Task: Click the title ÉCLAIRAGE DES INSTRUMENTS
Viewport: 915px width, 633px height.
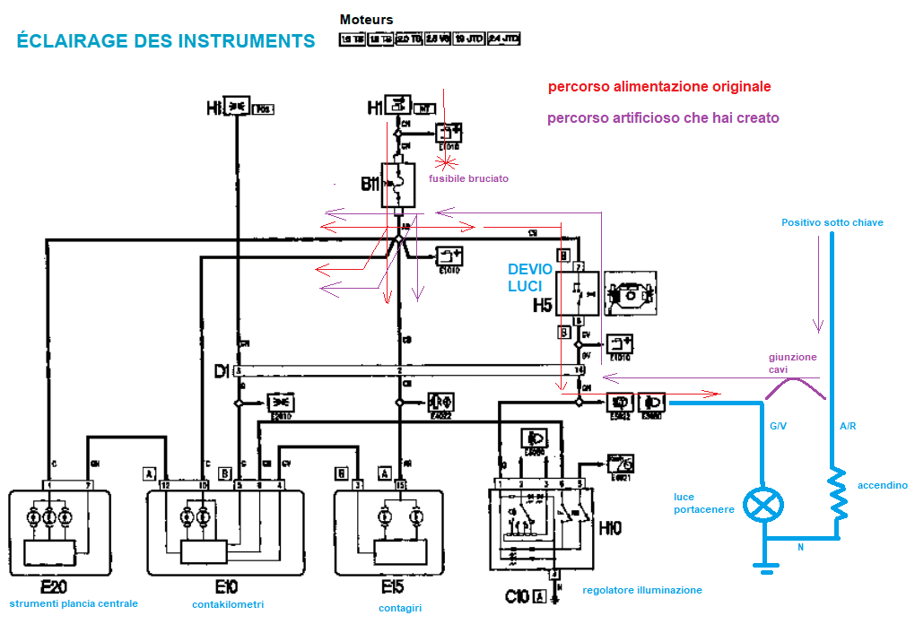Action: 166,41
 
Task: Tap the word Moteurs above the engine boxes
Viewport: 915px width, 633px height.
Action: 366,20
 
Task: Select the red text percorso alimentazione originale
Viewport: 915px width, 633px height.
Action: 658,87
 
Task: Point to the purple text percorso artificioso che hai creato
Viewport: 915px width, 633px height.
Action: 663,117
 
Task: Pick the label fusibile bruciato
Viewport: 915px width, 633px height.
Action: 468,178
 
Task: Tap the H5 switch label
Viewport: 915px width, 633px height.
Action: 543,306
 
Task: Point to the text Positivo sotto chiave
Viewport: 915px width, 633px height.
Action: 832,222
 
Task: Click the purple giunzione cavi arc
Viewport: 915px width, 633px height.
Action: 794,386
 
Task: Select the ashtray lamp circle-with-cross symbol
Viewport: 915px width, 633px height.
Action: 763,506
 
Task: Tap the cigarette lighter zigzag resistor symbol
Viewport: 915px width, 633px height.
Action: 837,493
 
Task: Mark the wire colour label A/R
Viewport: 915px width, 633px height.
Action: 847,427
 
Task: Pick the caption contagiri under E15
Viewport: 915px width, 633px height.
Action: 399,608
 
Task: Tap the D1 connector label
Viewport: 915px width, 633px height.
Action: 222,369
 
